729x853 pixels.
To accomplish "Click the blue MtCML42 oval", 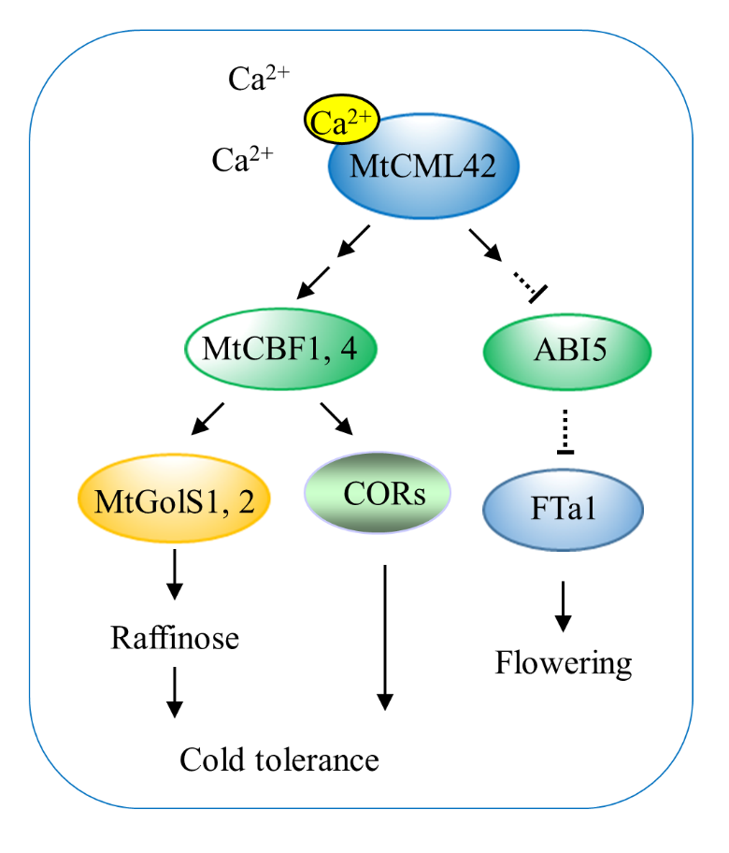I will point(422,168).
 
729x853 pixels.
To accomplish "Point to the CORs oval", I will point(379,493).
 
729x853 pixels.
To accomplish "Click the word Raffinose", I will point(175,639).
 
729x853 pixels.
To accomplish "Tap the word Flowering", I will point(564,663).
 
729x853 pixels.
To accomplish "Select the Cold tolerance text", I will point(279,759).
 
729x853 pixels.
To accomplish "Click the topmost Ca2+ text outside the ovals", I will point(259,79).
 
